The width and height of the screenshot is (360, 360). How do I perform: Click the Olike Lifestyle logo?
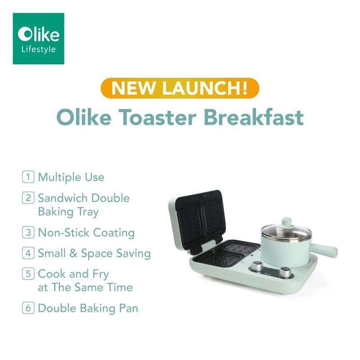[38, 38]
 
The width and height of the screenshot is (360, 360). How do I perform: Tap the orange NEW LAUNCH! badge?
[180, 87]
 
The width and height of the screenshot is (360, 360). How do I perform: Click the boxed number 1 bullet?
[28, 177]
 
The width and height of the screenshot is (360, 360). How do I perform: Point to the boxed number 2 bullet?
[28, 198]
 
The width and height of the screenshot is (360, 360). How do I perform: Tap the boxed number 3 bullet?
[28, 233]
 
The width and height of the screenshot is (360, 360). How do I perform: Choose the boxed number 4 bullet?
[28, 253]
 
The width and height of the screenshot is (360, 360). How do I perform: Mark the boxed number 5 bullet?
[28, 274]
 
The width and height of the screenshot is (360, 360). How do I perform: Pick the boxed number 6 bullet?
[28, 308]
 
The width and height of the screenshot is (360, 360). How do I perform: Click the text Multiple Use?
[71, 177]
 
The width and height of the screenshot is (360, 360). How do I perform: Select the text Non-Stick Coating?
[86, 233]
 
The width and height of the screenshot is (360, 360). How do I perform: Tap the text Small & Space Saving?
[94, 253]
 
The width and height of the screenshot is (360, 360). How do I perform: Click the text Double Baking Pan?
[88, 308]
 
